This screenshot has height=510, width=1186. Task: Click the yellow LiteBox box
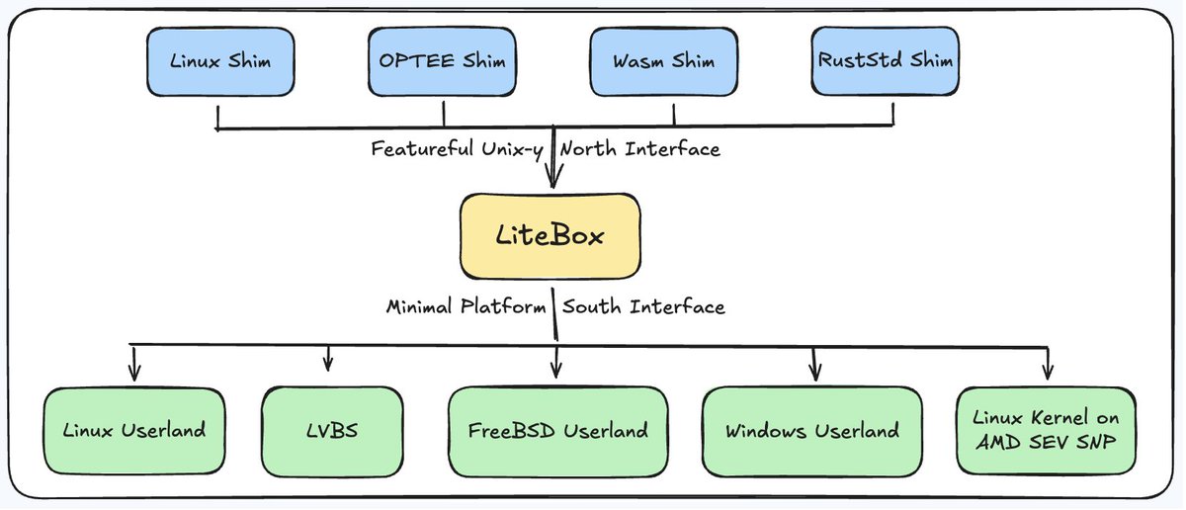[x=551, y=236]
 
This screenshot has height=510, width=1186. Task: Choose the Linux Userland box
[x=134, y=432]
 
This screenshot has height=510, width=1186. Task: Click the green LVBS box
[x=328, y=432]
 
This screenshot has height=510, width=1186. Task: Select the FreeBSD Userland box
[x=558, y=432]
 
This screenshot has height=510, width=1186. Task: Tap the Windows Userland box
[x=812, y=432]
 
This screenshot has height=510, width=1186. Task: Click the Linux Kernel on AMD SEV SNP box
[x=1047, y=432]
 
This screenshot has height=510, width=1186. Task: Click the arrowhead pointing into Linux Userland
[x=134, y=374]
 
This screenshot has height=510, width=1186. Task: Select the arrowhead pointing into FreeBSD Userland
[x=557, y=374]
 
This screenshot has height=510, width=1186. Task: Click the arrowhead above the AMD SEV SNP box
[x=1047, y=374]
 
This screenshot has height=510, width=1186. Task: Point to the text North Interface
[x=640, y=150]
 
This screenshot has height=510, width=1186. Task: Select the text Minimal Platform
[x=466, y=306]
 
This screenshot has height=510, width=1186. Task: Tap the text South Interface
[x=643, y=306]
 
